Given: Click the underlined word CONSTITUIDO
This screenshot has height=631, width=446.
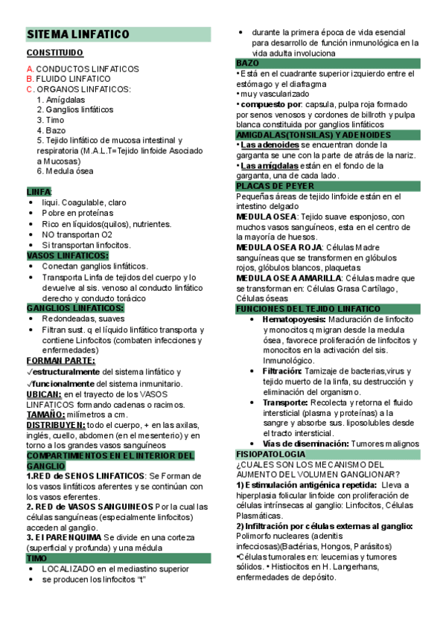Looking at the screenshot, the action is pos(55,54).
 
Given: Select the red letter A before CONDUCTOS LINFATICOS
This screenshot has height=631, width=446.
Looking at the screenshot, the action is pos(29,68).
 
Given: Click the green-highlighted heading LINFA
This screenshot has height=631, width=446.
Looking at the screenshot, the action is pos(38,191).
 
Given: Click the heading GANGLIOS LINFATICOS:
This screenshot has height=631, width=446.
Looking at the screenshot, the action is pos(75,307).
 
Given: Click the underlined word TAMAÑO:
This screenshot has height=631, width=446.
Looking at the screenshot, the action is pos(45,414).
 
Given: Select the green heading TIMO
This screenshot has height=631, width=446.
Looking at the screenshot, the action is pos(37,557).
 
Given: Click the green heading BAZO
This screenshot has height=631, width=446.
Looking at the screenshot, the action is pos(248,63).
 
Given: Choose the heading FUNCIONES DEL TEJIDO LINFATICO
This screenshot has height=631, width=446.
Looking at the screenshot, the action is pos(308,308).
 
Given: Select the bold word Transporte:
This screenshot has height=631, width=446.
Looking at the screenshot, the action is pos(285,402).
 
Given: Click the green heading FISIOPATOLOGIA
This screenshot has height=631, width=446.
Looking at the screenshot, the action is pos(270,453).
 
